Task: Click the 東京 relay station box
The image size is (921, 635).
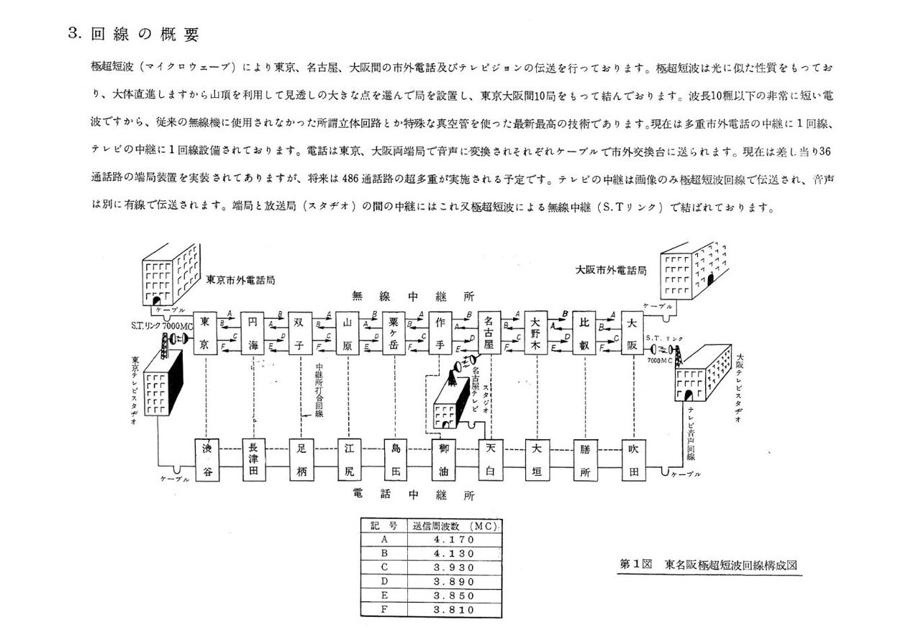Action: (205, 333)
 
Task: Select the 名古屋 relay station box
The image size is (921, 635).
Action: (489, 333)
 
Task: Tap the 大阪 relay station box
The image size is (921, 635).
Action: (632, 333)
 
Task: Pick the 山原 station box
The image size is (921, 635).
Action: (348, 333)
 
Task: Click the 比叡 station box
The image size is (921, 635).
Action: (584, 333)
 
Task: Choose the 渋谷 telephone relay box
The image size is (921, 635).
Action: (207, 460)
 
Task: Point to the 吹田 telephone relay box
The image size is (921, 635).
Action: (634, 460)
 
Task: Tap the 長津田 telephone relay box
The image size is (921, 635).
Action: (253, 460)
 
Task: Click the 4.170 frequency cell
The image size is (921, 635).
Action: (454, 539)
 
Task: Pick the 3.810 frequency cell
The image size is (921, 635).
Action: (454, 610)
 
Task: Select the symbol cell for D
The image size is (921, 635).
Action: (384, 581)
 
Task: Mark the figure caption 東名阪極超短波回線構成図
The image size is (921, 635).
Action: (730, 565)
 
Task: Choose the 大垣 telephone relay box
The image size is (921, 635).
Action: (536, 460)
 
